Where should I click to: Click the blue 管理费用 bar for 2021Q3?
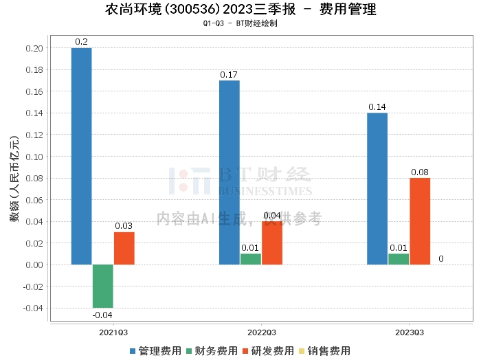tap(81, 156)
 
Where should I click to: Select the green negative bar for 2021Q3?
tap(102, 286)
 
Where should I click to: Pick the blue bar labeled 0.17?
tap(230, 172)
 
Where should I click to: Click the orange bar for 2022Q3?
tap(272, 243)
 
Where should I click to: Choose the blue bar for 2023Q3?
tap(377, 189)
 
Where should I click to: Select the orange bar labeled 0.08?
tap(420, 221)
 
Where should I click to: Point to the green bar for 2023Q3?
tap(399, 259)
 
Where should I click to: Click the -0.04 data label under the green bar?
tap(102, 315)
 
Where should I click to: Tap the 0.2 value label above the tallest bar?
tap(81, 42)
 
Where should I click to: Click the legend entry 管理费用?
tap(155, 351)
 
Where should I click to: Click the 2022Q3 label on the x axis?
tap(251, 332)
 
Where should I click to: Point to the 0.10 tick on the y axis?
tap(34, 157)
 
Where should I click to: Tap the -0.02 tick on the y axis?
tap(33, 286)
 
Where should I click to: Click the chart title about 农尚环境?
tap(241, 10)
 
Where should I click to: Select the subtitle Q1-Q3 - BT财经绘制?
tap(240, 23)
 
